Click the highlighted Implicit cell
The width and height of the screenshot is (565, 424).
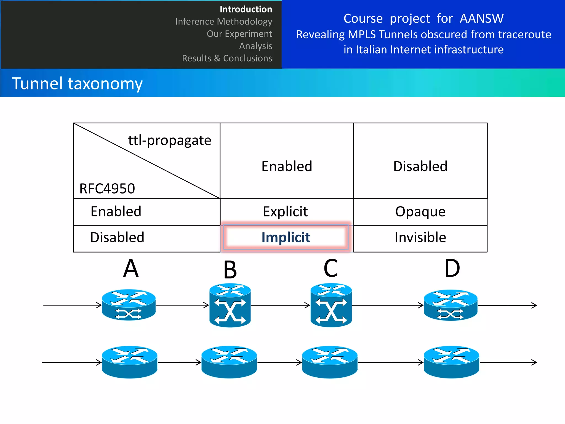pos(286,237)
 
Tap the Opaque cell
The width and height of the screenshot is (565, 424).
pos(420,212)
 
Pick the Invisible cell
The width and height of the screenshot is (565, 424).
pos(420,237)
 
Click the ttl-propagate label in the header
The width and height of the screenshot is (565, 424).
pos(170,140)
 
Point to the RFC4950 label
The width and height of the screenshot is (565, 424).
pos(107,189)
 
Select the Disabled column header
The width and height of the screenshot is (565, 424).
pos(420,166)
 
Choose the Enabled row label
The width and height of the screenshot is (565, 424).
pos(116,212)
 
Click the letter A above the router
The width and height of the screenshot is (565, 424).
pos(131,268)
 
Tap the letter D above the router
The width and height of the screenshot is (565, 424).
pos(452,268)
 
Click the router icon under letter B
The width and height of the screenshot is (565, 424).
pos(230,305)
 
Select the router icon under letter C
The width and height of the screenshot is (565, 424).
pos(331,305)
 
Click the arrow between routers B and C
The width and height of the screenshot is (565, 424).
pos(280,305)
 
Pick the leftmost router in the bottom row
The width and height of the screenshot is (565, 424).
pos(129,362)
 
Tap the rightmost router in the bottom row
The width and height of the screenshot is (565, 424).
pos(451,362)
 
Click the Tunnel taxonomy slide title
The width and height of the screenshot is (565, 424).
pos(77,83)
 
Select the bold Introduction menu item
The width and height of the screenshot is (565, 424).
pos(246,9)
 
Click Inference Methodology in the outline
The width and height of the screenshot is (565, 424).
pos(224,22)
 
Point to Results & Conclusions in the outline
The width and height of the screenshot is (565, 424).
pos(227,58)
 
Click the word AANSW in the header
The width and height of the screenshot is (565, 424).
pos(482,18)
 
